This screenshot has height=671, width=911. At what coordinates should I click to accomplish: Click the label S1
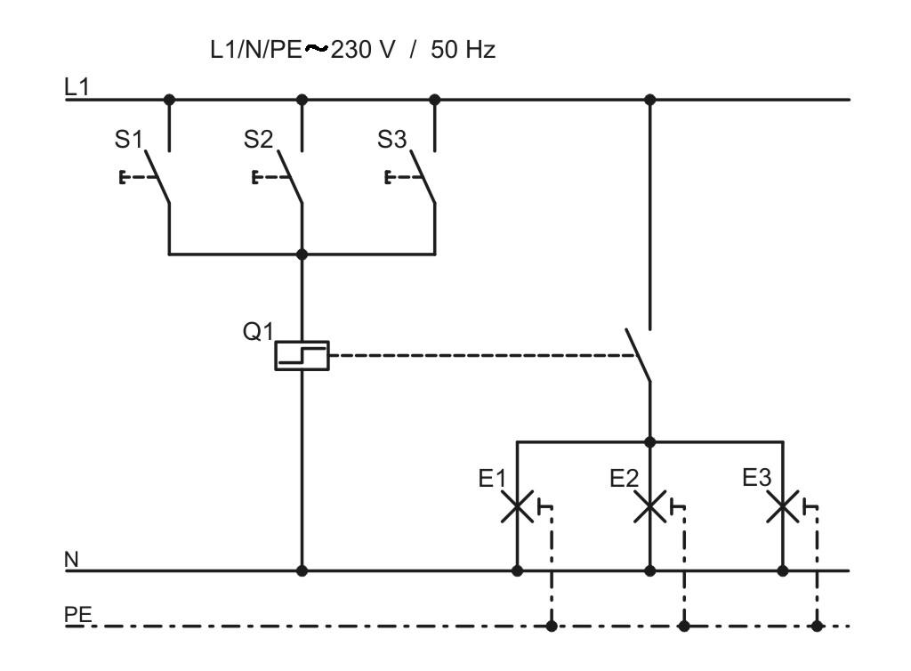coord(128,140)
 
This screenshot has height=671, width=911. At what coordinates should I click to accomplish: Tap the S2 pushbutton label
coord(259,140)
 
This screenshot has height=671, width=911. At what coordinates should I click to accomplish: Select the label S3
coord(391,140)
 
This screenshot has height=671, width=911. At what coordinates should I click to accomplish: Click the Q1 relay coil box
coord(302,356)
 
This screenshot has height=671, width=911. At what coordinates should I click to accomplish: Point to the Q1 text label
coord(257,332)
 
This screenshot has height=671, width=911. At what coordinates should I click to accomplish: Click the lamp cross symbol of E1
coord(517,506)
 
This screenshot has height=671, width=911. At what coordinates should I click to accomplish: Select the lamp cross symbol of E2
coord(649,506)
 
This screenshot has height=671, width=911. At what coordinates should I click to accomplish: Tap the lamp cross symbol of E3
coord(783,506)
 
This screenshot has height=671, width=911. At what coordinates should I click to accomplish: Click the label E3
coord(756,478)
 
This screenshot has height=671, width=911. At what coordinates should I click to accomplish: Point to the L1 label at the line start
coord(77,87)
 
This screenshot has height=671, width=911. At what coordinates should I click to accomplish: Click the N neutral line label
coord(71,560)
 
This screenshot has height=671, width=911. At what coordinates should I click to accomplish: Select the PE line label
coord(78,615)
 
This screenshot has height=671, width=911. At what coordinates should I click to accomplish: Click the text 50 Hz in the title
coord(463,50)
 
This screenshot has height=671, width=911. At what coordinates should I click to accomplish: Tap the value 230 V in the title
coord(363,50)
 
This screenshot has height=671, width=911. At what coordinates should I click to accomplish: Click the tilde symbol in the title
coord(317,49)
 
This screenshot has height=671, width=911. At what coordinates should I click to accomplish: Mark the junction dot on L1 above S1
coord(169,100)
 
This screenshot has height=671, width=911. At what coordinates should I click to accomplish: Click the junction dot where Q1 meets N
coord(302,571)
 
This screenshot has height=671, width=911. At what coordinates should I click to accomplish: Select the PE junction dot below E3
coord(817,627)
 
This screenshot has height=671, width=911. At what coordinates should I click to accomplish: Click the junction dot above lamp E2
coord(650,442)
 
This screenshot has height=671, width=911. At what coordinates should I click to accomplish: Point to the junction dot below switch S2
coord(302,254)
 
